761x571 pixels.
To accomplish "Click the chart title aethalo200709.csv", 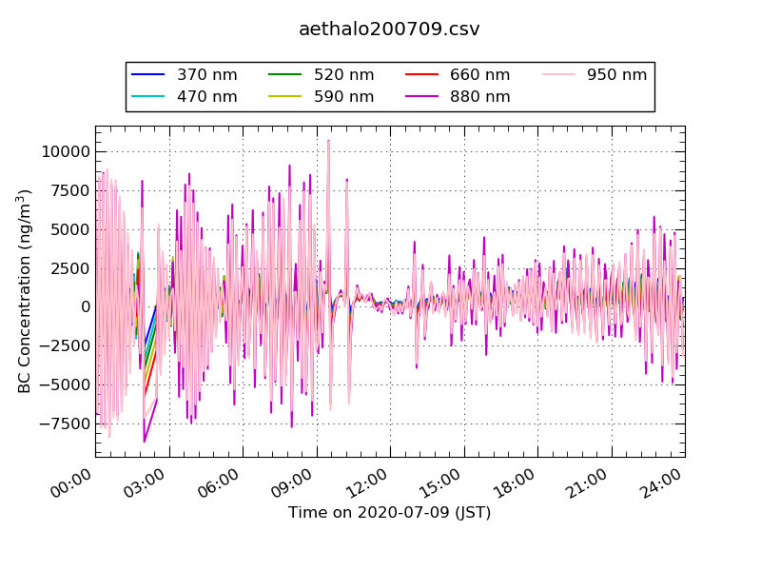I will click(389, 30).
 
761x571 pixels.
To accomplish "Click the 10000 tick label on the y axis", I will click(60, 151).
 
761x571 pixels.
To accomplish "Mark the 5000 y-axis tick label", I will click(66, 229).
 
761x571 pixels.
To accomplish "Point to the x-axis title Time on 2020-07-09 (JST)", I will click(389, 513).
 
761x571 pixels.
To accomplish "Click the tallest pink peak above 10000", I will click(328, 142).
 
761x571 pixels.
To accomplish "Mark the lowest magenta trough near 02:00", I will click(145, 441).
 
